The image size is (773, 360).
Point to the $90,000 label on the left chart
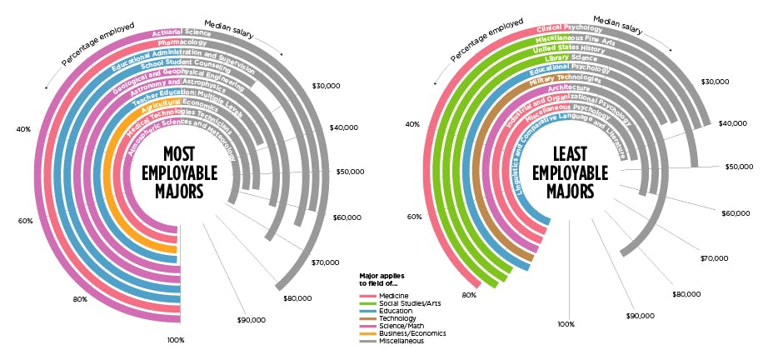(x=252, y=319)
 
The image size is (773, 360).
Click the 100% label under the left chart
(x=175, y=340)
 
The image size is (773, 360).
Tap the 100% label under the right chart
(x=566, y=324)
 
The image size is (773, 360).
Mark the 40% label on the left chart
(x=23, y=129)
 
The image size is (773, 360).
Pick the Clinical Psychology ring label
(x=570, y=28)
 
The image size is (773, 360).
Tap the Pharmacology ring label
(x=182, y=42)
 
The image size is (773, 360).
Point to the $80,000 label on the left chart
(x=297, y=297)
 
